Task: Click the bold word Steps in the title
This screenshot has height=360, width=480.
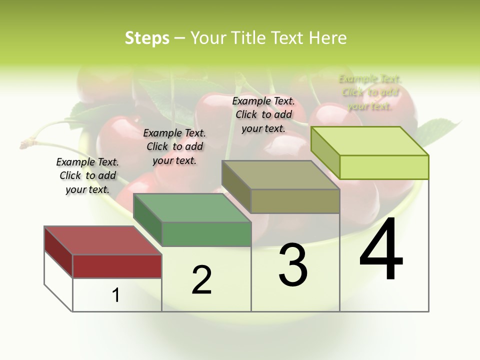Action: [147, 38]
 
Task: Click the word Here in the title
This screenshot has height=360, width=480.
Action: [327, 38]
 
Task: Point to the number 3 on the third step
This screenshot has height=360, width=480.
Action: [293, 265]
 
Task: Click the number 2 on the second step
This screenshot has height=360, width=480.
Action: [201, 279]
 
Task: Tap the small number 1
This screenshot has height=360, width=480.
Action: [116, 295]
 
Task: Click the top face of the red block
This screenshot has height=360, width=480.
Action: [102, 240]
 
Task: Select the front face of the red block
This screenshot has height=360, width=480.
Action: [117, 266]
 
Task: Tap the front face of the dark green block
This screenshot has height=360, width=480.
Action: [206, 234]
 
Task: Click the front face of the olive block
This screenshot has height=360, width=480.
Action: [295, 201]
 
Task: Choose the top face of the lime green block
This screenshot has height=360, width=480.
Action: [369, 140]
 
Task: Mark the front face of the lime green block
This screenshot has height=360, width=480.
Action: [384, 167]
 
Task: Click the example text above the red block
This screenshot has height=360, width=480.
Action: [87, 175]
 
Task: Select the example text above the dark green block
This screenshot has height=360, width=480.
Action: [174, 146]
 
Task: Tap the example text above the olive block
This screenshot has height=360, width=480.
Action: [263, 114]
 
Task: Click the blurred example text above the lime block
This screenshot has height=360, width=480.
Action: [370, 92]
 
